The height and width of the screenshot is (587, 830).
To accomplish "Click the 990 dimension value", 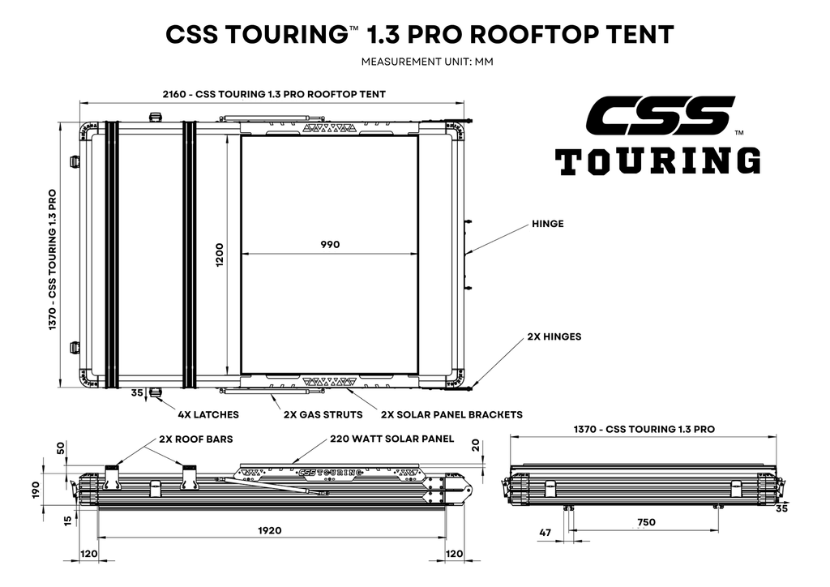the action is coord(330,245).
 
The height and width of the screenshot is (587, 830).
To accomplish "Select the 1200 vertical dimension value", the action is coord(220,255).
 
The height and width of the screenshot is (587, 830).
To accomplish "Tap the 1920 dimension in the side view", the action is coord(269,530).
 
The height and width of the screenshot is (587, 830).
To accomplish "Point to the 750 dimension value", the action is coord(646,522).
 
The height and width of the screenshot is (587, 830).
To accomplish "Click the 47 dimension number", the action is coord(545,533).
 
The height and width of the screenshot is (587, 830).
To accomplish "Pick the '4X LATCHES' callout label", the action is coord(208,415).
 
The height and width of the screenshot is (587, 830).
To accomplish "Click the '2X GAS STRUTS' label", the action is coord(323,415).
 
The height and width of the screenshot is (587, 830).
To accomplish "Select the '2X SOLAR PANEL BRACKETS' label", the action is coord(451,415).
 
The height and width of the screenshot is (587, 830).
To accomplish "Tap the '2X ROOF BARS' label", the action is coord(196,439).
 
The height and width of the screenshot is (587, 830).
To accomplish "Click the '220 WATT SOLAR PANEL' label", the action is coord(391,439).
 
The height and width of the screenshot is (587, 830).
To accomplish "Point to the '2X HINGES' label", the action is coord(554,336).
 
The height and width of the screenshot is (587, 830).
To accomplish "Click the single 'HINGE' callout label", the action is coord(548,224).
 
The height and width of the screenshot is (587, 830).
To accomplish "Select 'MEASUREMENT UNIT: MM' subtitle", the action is coord(427,62).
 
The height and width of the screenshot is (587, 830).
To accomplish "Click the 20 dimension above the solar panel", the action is coord(476,445).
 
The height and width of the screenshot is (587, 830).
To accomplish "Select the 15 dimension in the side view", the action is coord(68,521).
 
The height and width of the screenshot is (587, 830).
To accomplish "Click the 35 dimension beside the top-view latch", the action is coord(137,393).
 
